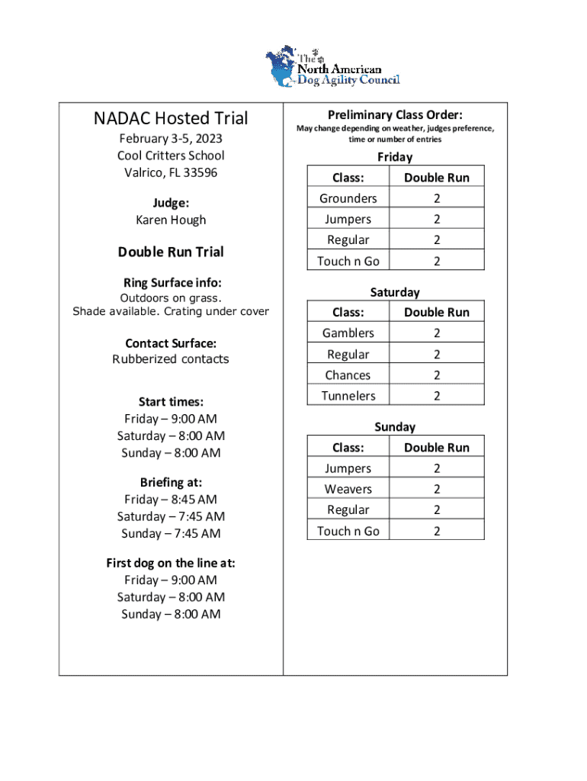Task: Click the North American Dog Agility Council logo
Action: (332, 67)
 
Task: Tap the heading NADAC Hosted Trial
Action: (171, 118)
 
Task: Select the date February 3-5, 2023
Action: (171, 139)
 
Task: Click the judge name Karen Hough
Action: (171, 220)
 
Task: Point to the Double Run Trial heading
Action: (171, 252)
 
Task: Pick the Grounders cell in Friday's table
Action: (348, 198)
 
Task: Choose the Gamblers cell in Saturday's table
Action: (348, 333)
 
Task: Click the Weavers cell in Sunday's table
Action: (348, 489)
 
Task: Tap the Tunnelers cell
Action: (348, 396)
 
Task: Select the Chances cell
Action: (348, 375)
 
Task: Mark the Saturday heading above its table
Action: (395, 292)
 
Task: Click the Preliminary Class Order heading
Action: (395, 114)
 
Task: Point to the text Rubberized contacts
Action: (171, 359)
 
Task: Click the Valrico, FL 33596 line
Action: (171, 172)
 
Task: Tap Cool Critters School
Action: (171, 156)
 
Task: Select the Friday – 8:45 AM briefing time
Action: (171, 500)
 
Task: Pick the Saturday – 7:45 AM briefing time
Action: (171, 516)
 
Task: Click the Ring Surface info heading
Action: (171, 282)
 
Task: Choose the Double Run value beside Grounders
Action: (437, 198)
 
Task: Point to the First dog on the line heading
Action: (171, 564)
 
